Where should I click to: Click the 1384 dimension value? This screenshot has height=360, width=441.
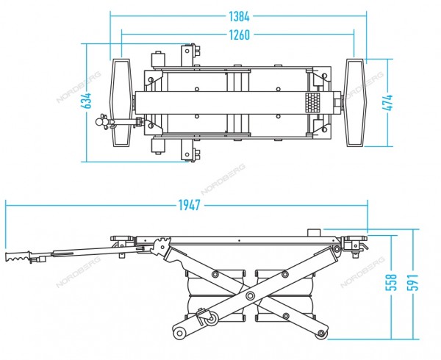pyautogui.click(x=239, y=17)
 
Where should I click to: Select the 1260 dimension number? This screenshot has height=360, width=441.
pyautogui.click(x=239, y=35)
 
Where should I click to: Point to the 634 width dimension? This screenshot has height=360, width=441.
pyautogui.click(x=86, y=101)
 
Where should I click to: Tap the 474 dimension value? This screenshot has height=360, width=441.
pyautogui.click(x=388, y=103)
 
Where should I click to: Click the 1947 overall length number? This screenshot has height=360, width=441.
pyautogui.click(x=190, y=205)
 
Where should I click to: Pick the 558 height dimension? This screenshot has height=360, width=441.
pyautogui.click(x=392, y=282)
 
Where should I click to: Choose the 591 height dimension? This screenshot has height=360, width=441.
pyautogui.click(x=413, y=282)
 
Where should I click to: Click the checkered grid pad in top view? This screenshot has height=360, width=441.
pyautogui.click(x=313, y=103)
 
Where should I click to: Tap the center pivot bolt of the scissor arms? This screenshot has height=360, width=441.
pyautogui.click(x=250, y=295)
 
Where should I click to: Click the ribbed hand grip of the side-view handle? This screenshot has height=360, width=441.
pyautogui.click(x=18, y=256)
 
